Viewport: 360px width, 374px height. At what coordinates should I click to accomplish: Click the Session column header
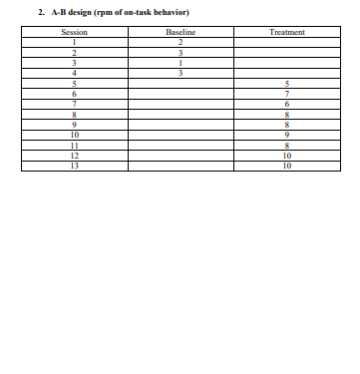click(x=68, y=33)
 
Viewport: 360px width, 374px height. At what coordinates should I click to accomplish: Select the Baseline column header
click(x=180, y=33)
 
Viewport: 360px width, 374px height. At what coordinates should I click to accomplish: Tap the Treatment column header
click(x=287, y=33)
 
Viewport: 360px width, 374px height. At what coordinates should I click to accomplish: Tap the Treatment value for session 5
click(x=287, y=82)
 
